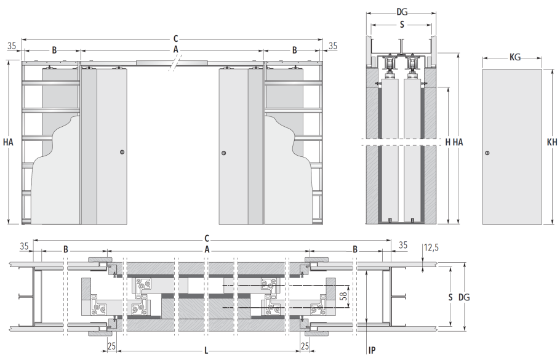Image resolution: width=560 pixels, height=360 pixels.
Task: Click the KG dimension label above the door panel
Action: pos(515,57)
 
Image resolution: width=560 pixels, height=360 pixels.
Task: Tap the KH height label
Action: pos(552,142)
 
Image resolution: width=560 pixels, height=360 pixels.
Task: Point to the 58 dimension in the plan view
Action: pos(343,296)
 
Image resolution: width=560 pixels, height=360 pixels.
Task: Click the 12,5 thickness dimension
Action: pos(431,247)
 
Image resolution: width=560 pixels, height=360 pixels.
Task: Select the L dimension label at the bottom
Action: pos(206,350)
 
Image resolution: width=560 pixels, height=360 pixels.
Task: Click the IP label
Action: pos(372,350)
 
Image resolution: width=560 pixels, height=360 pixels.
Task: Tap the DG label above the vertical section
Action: pos(402,12)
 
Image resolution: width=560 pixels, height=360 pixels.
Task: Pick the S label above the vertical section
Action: pos(402,25)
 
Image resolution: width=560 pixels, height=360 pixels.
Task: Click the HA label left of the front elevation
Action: pos(8,142)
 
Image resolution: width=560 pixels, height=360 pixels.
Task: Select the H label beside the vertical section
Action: pos(448,142)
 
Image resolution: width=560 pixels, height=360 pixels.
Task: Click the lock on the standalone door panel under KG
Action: pos(487,153)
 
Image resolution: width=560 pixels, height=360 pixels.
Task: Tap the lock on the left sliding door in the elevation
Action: pos(122,152)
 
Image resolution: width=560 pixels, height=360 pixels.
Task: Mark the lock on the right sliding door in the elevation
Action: pos(224,153)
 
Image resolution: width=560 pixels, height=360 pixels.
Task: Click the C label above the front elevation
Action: pos(175,39)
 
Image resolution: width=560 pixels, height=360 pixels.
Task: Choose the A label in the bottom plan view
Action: pos(207,249)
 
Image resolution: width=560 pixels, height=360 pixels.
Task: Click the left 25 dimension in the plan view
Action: pos(111,346)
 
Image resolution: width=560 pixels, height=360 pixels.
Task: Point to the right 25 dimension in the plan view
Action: pos(305,346)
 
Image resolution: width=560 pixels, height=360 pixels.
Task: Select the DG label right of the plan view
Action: pos(464,297)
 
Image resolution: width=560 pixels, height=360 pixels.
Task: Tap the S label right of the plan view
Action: pos(450,297)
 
